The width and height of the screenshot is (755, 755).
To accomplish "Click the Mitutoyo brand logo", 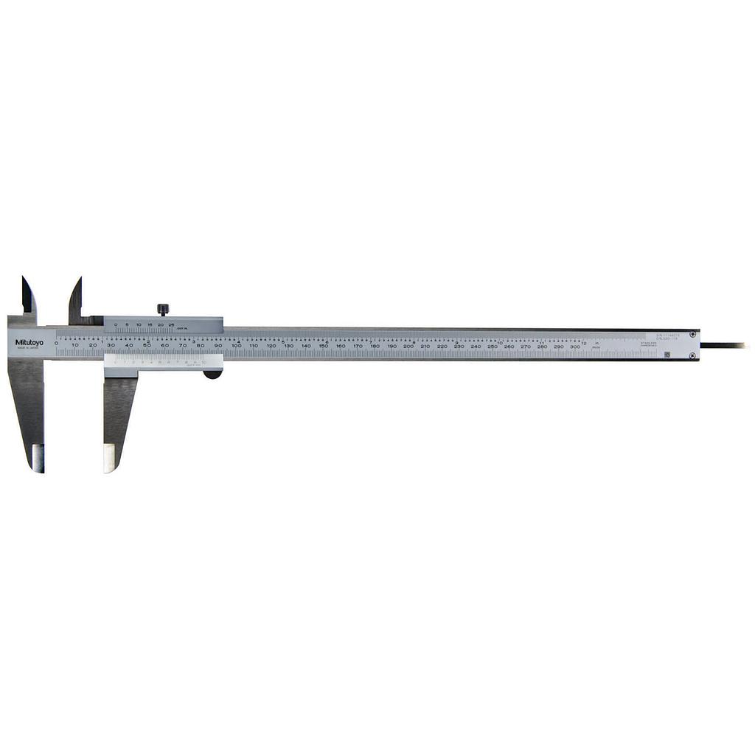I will [x=29, y=342].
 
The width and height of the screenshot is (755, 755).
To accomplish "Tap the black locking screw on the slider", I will [x=163, y=309].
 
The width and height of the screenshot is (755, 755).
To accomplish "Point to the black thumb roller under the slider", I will [x=212, y=374].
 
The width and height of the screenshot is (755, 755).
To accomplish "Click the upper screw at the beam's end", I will [x=693, y=335].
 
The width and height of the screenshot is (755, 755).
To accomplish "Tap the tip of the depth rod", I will [x=745, y=345].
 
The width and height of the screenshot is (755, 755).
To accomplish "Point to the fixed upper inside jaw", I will [x=28, y=295].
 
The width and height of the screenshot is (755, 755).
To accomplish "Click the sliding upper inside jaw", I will [x=75, y=299].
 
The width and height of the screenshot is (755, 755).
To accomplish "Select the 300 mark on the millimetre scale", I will [x=575, y=346].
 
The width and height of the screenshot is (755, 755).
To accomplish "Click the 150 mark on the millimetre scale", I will [x=323, y=346].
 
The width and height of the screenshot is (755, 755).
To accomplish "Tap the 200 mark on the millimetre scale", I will [x=408, y=346].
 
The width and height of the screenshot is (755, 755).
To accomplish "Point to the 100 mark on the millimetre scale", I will [x=236, y=346].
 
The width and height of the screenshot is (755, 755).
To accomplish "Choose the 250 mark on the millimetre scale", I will [x=492, y=346].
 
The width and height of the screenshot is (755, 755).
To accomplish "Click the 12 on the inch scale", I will [x=583, y=342].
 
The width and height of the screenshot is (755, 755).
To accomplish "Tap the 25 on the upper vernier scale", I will [x=171, y=325].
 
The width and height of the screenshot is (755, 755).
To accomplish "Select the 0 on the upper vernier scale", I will [x=116, y=325].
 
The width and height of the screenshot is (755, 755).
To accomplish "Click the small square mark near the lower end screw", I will [x=668, y=355].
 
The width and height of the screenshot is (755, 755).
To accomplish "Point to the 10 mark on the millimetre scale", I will [x=74, y=345].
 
